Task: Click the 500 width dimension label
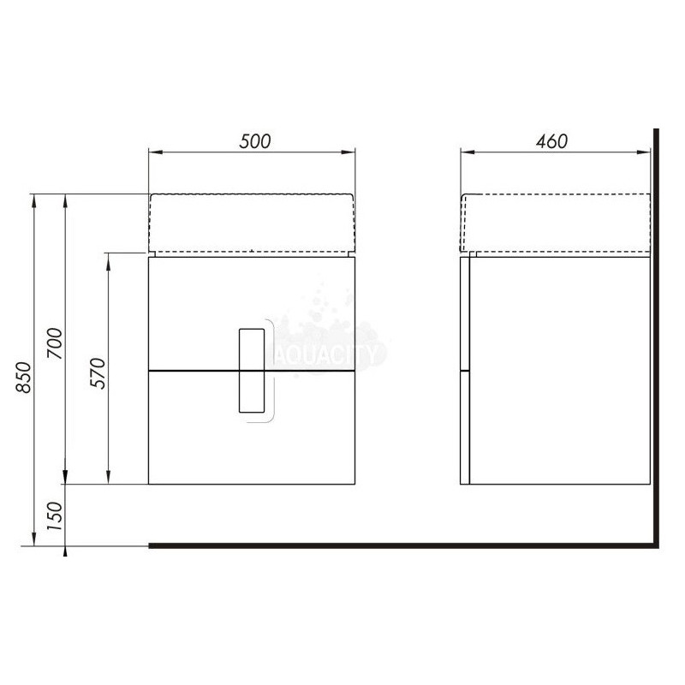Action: point(254,141)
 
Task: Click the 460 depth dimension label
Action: point(551,141)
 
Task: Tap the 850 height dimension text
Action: point(24,378)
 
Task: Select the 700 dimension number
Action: point(56,343)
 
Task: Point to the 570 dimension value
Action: point(98,373)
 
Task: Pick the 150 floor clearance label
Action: point(56,516)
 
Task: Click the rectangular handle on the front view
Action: point(252,371)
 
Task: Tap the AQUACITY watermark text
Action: point(327,354)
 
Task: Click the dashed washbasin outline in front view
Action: point(251,194)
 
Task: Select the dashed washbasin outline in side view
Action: point(556,194)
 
